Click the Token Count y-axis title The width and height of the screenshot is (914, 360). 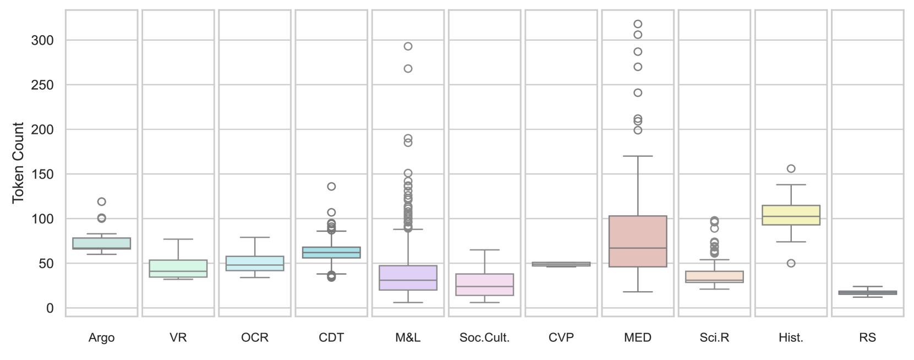click(18, 162)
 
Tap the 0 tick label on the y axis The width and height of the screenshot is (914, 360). click(50, 308)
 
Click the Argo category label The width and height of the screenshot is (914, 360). click(101, 338)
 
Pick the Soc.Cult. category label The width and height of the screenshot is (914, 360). click(484, 338)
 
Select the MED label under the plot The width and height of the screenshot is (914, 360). click(638, 338)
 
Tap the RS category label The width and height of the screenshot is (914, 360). click(867, 338)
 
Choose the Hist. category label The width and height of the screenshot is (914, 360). click(791, 338)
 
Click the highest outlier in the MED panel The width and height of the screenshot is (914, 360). click(638, 24)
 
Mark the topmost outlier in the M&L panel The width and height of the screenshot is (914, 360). click(408, 46)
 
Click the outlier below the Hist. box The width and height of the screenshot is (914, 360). click(791, 263)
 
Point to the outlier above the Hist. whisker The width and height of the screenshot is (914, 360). click(791, 168)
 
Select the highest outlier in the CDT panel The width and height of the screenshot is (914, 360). click(331, 187)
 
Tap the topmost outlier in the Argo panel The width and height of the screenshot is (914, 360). click(101, 201)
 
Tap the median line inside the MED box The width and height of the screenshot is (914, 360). click(638, 248)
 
